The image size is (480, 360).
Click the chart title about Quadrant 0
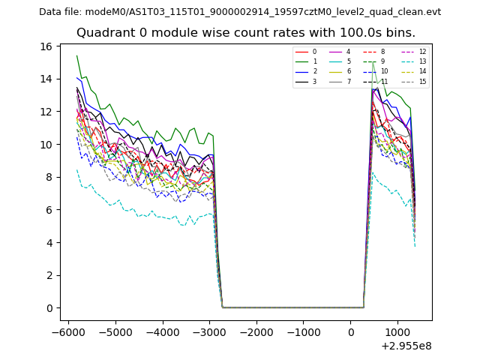point(245,33)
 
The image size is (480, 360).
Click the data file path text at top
point(240,12)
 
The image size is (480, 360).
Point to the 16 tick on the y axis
point(46,46)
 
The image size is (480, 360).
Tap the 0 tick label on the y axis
point(49,308)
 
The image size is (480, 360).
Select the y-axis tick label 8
point(49,177)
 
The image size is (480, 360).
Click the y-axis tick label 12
point(46,112)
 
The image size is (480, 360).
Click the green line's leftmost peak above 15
point(76,55)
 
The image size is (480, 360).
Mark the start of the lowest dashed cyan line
point(76,169)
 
